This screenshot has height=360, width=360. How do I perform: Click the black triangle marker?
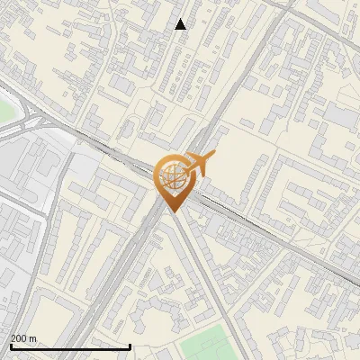click(181, 24)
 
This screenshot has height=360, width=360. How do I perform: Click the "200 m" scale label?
click(23, 338)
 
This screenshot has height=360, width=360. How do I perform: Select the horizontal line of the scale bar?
click(70, 346)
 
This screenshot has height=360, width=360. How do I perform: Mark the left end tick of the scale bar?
click(11, 346)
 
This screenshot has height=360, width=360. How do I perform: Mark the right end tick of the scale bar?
click(130, 346)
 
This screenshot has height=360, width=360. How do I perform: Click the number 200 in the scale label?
click(19, 338)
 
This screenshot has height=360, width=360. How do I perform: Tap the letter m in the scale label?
click(32, 338)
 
